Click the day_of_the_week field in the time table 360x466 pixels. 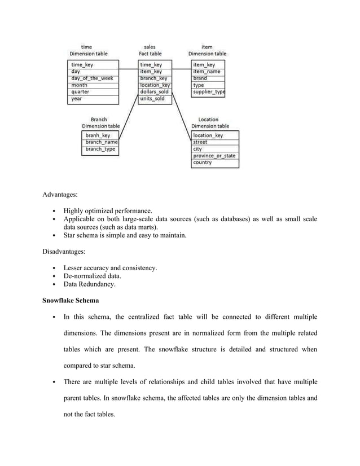[x=91, y=78]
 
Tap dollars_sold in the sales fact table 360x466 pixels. [x=153, y=91]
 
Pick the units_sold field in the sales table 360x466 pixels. [x=152, y=99]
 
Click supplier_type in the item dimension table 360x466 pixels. [x=208, y=91]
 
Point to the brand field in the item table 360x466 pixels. [x=200, y=78]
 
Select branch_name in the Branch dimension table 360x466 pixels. [x=101, y=142]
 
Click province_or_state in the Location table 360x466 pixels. [x=214, y=156]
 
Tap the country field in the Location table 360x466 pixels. [x=203, y=162]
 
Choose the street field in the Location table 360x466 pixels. [x=200, y=142]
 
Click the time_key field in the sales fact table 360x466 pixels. [x=151, y=65]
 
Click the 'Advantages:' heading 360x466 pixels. [x=60, y=195]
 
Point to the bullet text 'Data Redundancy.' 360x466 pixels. [x=90, y=285]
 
